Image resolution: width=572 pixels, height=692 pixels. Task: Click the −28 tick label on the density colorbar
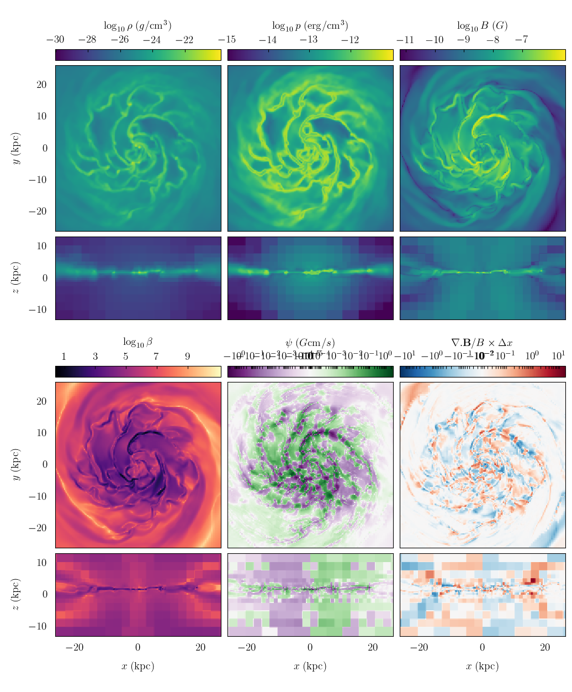(x=87, y=40)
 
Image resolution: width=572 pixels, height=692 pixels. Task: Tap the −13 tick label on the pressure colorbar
(x=309, y=40)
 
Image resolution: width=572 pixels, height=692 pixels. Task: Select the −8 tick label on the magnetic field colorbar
(x=493, y=40)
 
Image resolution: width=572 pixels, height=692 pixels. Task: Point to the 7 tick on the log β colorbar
(x=156, y=357)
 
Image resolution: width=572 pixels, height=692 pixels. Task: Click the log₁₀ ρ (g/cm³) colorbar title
(x=137, y=25)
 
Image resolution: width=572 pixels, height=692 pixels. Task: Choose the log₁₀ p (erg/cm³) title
(x=310, y=25)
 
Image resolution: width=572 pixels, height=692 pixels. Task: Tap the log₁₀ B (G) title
(x=482, y=25)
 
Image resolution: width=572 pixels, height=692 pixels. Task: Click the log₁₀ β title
(x=137, y=342)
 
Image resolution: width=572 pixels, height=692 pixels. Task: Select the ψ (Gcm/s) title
(x=310, y=343)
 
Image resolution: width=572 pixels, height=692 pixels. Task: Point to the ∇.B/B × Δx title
(x=482, y=343)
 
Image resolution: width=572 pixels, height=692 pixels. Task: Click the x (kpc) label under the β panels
(x=137, y=666)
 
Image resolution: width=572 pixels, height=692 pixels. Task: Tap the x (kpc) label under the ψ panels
(x=310, y=666)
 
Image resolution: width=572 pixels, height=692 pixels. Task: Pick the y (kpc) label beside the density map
(x=17, y=148)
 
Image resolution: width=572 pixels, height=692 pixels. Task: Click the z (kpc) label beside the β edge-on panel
(x=17, y=595)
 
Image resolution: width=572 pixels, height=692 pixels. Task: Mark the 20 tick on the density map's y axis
(x=42, y=85)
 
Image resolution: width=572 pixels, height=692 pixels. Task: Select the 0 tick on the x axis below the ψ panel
(x=310, y=648)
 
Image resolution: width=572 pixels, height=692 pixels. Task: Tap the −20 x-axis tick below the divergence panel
(x=419, y=648)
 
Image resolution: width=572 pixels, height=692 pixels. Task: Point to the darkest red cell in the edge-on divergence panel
(x=532, y=580)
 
